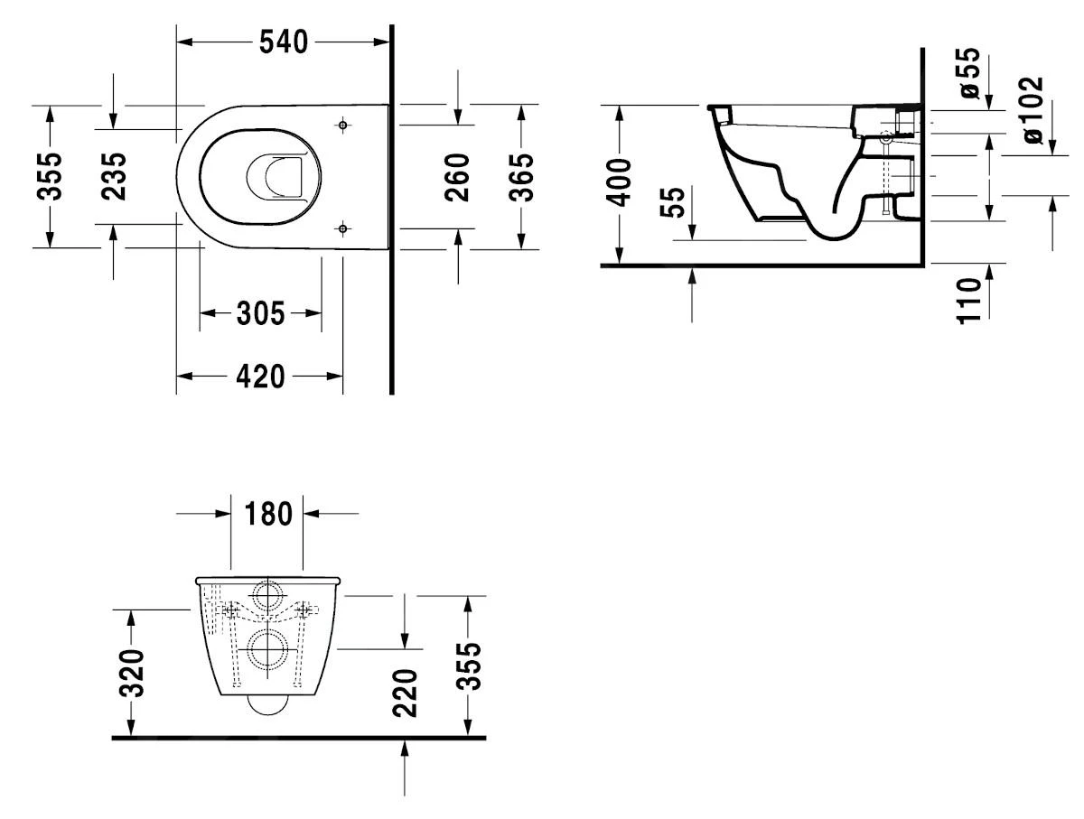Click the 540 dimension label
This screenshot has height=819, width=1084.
(284, 42)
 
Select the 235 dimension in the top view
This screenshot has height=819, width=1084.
(115, 176)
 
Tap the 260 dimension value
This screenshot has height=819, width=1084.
(458, 177)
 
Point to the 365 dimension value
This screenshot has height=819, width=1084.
(521, 177)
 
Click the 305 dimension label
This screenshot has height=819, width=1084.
(260, 314)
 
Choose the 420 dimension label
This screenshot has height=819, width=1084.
(260, 377)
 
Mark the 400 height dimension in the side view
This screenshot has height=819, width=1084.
(619, 183)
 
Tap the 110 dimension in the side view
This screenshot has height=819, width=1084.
(968, 301)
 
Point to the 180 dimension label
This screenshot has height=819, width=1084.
(267, 514)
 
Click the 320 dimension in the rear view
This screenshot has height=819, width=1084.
(132, 674)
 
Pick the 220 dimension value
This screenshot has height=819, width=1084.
(406, 692)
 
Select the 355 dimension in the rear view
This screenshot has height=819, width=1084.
(468, 666)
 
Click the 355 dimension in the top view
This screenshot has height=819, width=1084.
(51, 176)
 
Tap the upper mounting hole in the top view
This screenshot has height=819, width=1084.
(343, 125)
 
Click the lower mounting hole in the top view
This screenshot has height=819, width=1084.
(343, 227)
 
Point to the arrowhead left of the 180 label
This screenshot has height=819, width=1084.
(223, 514)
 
